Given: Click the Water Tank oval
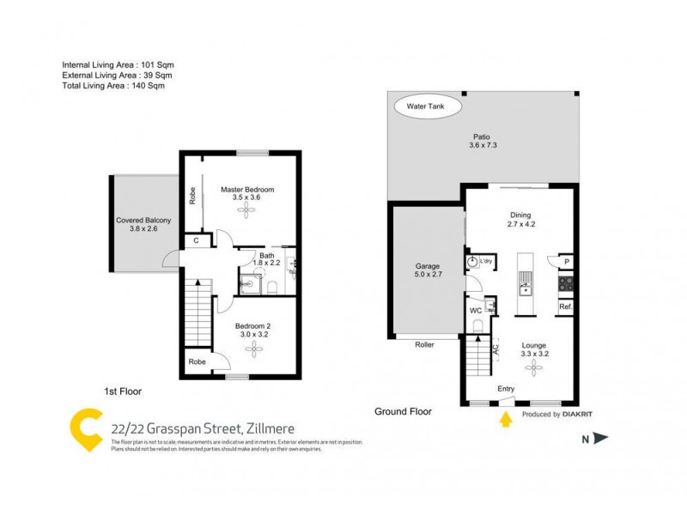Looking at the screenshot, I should pyautogui.click(x=428, y=108).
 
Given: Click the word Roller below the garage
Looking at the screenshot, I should pyautogui.click(x=424, y=345).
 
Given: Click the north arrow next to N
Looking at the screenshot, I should pyautogui.click(x=601, y=439).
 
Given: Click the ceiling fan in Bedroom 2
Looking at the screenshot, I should pyautogui.click(x=252, y=348).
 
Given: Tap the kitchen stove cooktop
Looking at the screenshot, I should pyautogui.click(x=565, y=283).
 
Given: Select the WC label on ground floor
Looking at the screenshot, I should pyautogui.click(x=475, y=310).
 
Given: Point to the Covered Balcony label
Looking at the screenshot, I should pyautogui.click(x=143, y=221).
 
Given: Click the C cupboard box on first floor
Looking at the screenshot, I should pyautogui.click(x=197, y=241).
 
